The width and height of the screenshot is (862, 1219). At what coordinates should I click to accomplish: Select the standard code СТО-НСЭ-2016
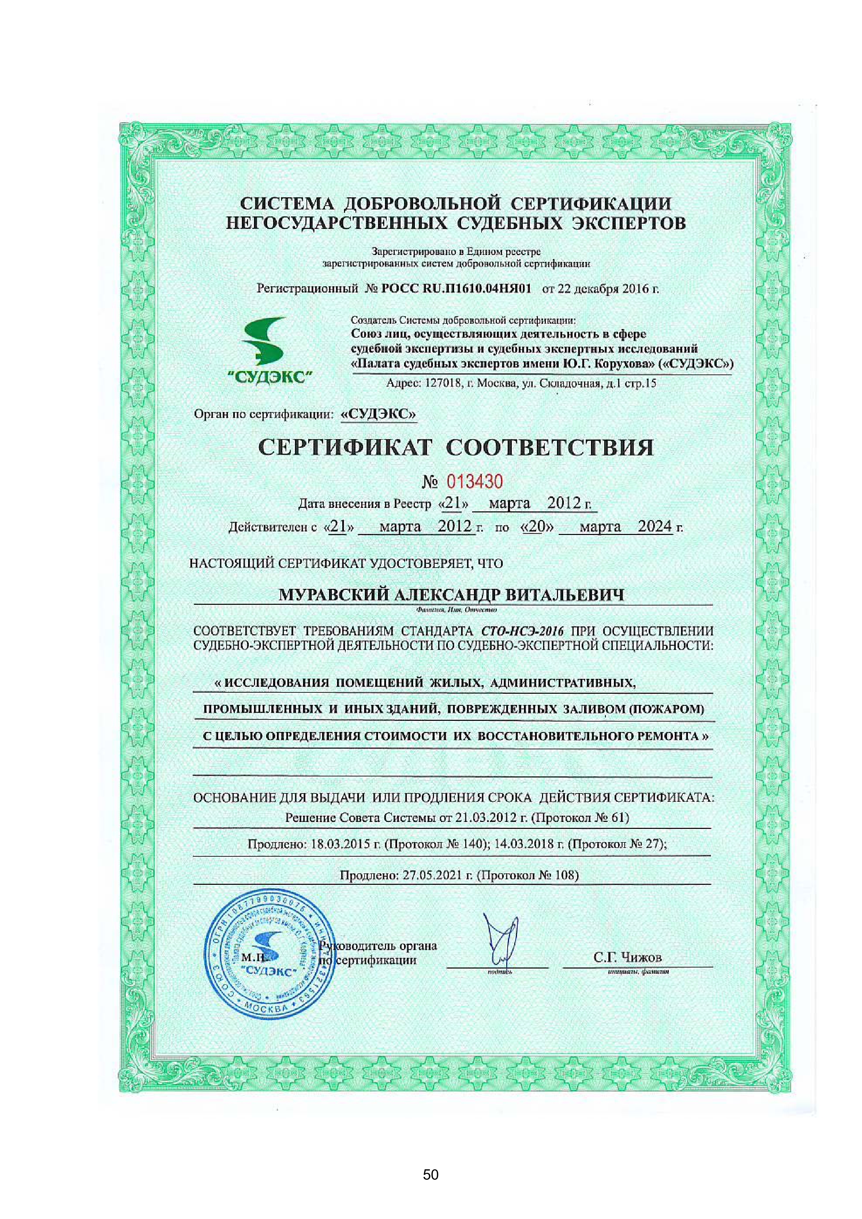pyautogui.click(x=522, y=631)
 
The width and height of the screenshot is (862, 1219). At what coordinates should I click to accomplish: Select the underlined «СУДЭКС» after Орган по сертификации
pyautogui.click(x=378, y=414)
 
